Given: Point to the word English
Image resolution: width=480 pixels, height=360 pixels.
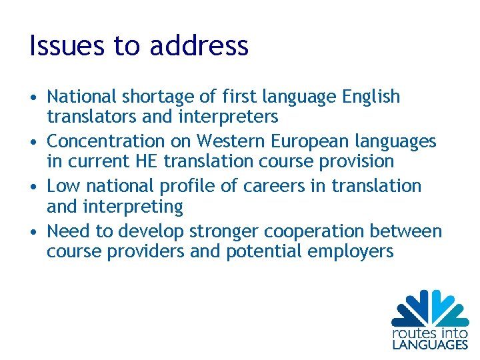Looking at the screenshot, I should pyautogui.click(x=371, y=97).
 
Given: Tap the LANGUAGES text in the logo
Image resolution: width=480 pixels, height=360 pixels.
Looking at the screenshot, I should pyautogui.click(x=430, y=345).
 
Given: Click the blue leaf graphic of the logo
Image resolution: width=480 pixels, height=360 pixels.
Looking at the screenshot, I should pyautogui.click(x=430, y=307).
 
